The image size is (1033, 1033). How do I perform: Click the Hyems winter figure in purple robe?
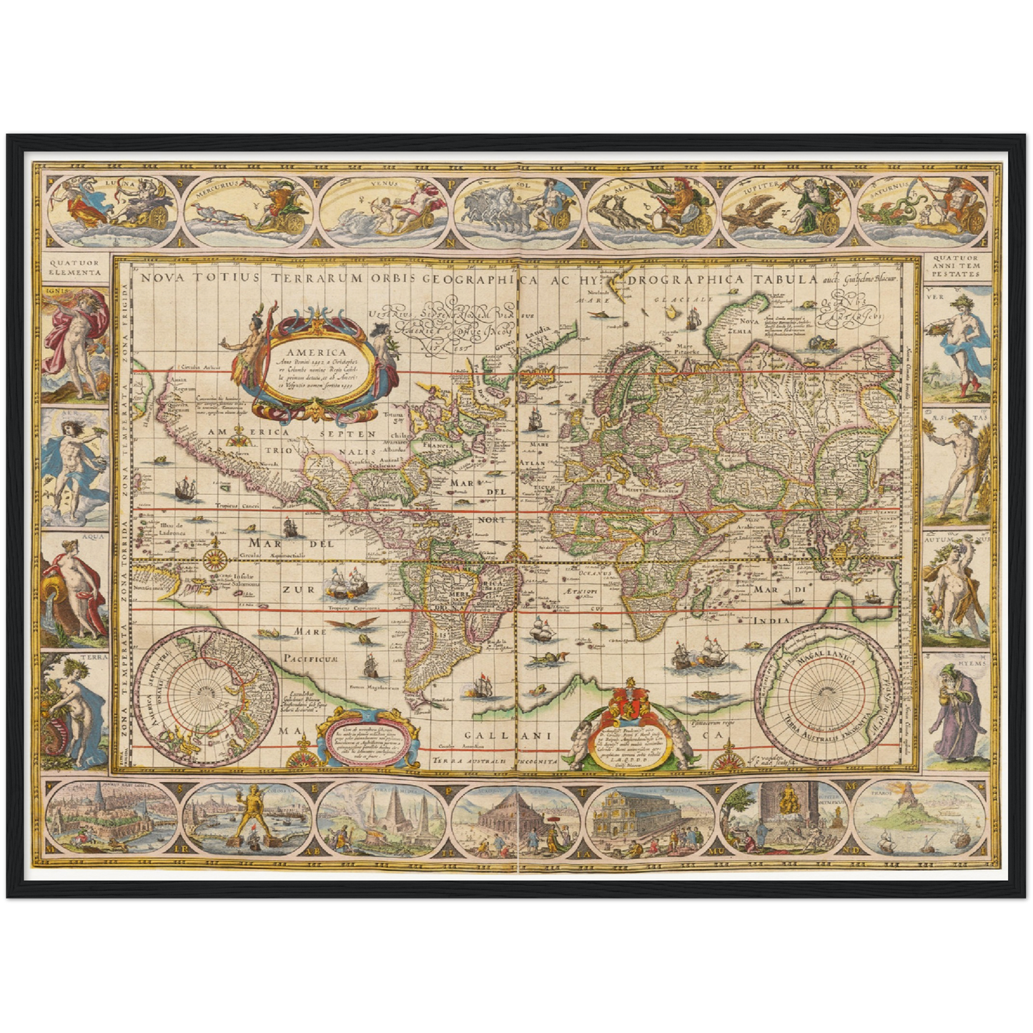955,711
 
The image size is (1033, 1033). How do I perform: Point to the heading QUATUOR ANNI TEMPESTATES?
957,267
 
